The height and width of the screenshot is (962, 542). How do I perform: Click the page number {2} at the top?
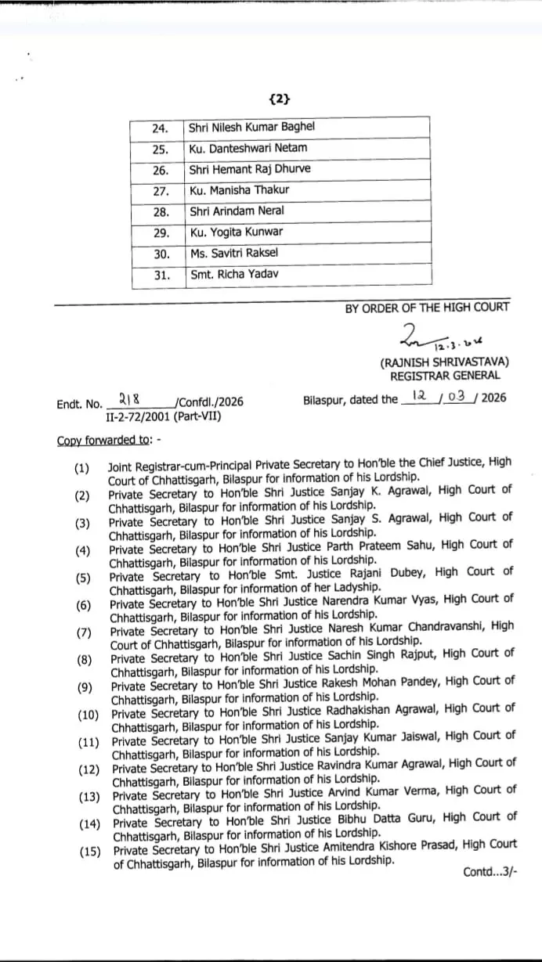[x=279, y=99]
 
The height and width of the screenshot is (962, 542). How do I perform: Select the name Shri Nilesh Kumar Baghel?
[x=251, y=127]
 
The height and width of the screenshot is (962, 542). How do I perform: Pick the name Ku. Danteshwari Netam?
[x=248, y=148]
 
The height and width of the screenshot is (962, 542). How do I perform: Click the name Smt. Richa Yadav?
[x=233, y=275]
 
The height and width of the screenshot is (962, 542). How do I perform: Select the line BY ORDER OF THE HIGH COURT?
[x=427, y=308]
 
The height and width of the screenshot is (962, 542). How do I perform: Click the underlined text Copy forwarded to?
[x=104, y=440]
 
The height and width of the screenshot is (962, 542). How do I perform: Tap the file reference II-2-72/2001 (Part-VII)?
[x=163, y=416]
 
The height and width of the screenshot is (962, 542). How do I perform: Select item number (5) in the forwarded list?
[x=83, y=578]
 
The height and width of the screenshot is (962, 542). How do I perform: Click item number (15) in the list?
[x=89, y=852]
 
